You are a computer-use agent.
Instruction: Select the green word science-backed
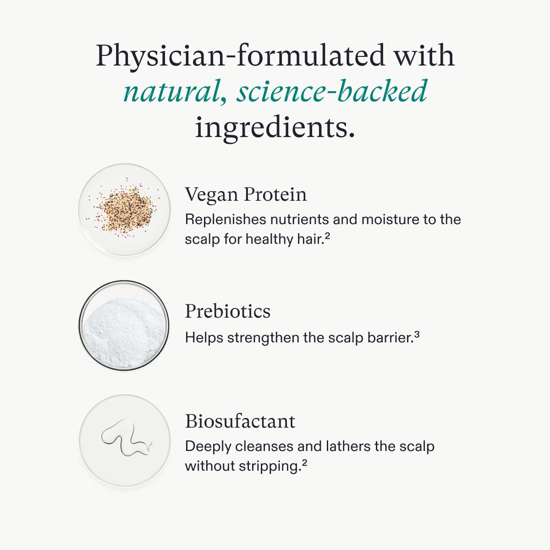(x=332, y=90)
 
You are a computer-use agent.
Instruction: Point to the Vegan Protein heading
(x=246, y=195)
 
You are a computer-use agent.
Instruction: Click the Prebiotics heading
(x=227, y=311)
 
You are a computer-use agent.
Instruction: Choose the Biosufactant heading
(x=240, y=421)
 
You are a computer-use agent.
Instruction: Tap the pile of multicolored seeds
(x=125, y=209)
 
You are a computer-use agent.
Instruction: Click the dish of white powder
(x=124, y=325)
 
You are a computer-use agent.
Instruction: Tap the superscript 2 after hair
(x=327, y=236)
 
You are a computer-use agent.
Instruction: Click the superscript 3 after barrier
(x=417, y=335)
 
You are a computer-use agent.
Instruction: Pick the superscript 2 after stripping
(x=304, y=462)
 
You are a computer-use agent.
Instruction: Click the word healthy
(x=269, y=239)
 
